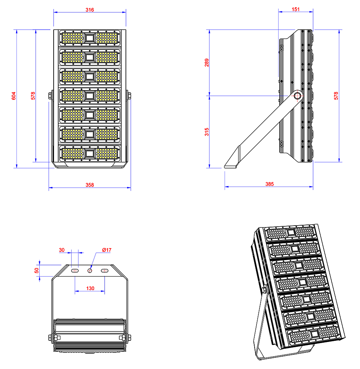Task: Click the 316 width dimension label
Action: coord(90,10)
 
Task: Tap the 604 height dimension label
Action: coord(13,96)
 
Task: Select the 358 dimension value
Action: coord(90,185)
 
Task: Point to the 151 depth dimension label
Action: coord(295,9)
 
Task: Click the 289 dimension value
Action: coord(207,63)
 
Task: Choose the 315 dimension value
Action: coord(207,132)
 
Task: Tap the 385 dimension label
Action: coord(270,184)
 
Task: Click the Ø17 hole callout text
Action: coord(107,250)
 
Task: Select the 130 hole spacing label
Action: coord(90,288)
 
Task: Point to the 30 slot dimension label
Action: coord(61,250)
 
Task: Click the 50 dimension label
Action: coord(37,270)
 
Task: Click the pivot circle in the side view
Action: coord(297,96)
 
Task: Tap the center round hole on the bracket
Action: coord(90,271)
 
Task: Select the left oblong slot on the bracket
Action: coord(75,271)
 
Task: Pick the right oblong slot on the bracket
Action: coord(105,271)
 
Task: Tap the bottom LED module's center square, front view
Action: coord(90,154)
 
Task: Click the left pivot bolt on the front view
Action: coord(50,96)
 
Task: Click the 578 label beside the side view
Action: coord(336,96)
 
